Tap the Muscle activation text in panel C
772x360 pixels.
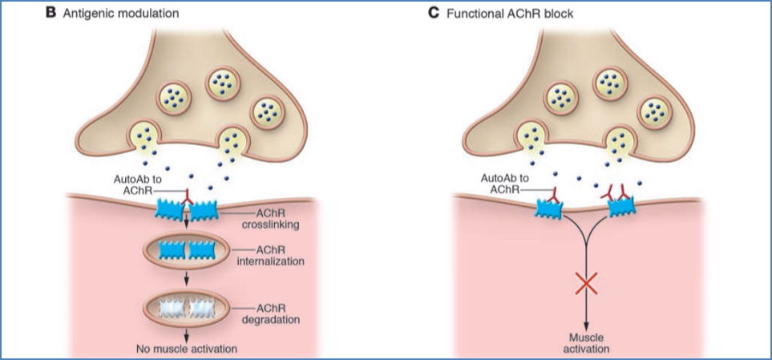point(589,342)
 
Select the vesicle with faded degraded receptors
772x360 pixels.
point(188,308)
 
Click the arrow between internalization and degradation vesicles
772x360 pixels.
point(188,279)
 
